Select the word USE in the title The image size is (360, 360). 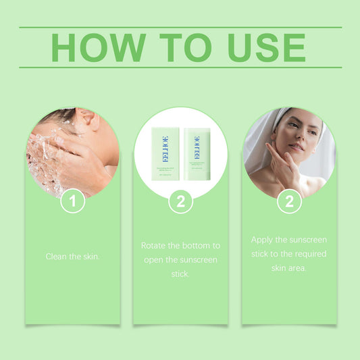tap(266, 47)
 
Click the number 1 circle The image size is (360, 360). tap(73, 201)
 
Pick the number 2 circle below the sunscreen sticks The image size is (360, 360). tap(180, 201)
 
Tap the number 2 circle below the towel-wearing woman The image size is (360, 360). tap(289, 201)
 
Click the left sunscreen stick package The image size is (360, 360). tap(165, 154)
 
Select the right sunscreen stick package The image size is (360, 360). tap(197, 154)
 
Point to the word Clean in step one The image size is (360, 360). tap(57, 257)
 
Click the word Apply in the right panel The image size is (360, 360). tap(262, 240)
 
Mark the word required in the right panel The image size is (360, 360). tap(308, 254)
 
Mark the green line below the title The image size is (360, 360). tap(180, 68)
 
